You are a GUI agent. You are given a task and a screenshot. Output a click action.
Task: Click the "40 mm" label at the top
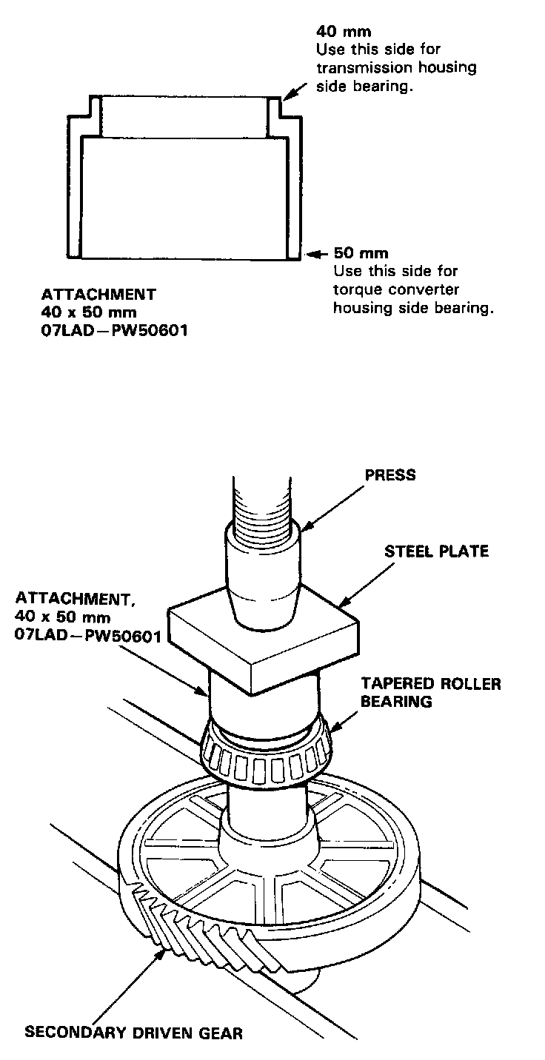coord(344,32)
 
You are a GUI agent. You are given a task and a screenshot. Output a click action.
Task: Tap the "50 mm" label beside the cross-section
coord(361,254)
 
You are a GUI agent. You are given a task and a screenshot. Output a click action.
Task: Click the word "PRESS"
coord(390,475)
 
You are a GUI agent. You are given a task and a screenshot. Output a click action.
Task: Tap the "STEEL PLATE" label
coord(436,551)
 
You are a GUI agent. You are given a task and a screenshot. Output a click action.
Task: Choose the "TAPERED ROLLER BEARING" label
coord(430,692)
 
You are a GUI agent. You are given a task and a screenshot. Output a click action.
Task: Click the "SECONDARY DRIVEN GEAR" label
coord(133,1032)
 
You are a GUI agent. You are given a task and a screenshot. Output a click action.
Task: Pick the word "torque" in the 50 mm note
coord(355,289)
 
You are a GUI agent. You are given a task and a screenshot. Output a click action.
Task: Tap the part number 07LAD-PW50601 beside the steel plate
coord(87,634)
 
